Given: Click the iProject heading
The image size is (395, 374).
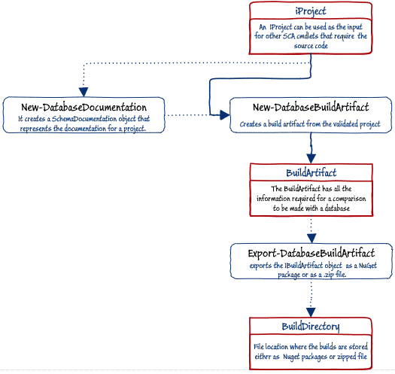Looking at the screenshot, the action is coord(311,11).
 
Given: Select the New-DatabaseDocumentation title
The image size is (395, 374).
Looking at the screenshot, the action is coord(84,108).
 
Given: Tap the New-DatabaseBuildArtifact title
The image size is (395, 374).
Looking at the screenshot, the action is coord(311,108).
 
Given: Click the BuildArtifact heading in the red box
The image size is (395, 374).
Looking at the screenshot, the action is coord(311,173).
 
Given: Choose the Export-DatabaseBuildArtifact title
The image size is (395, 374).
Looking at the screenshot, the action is coord(311,254).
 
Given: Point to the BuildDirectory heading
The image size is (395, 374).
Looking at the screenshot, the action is coord(311,327).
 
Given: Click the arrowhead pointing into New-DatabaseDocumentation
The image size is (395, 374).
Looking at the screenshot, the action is coord(84,92).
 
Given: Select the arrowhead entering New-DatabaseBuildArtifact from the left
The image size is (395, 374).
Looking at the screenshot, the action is coord(225,115).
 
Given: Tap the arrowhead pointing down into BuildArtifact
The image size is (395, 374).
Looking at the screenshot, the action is coord(311,159).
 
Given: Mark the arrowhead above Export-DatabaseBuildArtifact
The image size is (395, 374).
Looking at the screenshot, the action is coord(311,239).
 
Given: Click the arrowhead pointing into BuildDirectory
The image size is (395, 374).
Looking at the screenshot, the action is coord(311,312).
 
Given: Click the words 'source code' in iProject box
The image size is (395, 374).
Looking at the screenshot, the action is coord(311,46).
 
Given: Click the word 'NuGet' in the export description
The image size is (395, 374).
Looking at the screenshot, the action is coord(368,266).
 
